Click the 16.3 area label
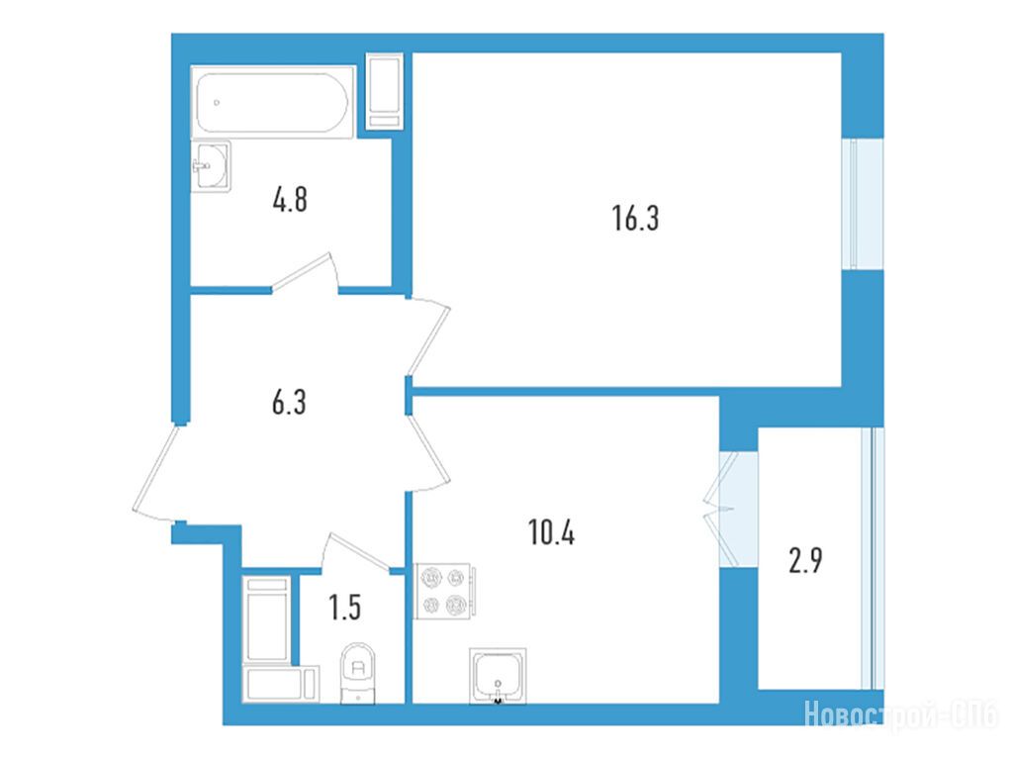click(635, 218)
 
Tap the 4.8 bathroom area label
click(290, 199)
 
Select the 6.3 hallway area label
click(289, 402)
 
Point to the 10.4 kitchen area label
click(551, 533)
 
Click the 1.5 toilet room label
click(344, 608)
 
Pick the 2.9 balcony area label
click(805, 560)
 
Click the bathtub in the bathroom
click(273, 102)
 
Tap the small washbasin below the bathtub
click(212, 166)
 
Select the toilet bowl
click(358, 672)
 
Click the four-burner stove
click(444, 591)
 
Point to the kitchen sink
click(498, 675)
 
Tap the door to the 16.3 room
click(429, 336)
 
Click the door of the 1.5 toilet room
click(356, 552)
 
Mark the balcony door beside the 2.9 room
click(720, 510)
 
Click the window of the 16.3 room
click(863, 204)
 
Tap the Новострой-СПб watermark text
click(901, 715)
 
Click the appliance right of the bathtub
click(385, 92)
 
